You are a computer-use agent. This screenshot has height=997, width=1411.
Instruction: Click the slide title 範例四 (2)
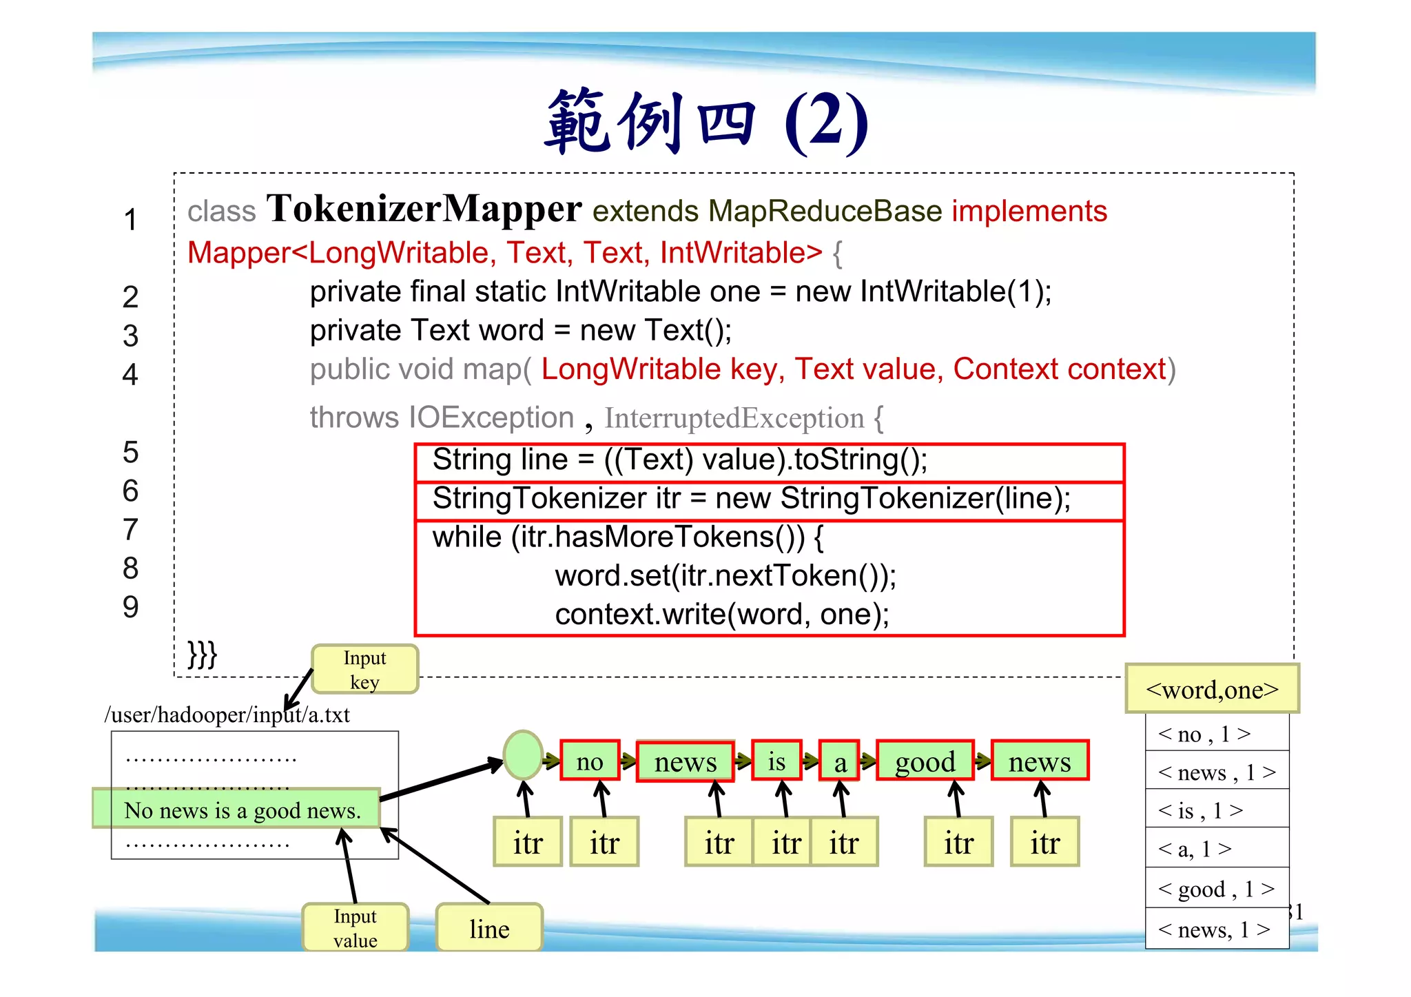(x=705, y=123)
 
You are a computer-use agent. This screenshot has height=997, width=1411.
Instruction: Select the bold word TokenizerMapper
(x=424, y=209)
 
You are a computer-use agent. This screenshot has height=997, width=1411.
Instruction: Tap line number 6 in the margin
(x=130, y=491)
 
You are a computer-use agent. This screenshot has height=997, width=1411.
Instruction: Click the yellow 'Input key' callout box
(x=364, y=669)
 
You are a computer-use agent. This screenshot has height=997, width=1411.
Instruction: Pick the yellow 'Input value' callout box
(x=355, y=927)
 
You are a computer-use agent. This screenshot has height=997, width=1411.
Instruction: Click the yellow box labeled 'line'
(x=489, y=928)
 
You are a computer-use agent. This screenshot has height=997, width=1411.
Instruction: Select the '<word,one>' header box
(x=1212, y=688)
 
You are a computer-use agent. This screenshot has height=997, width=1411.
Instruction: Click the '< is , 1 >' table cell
(x=1216, y=810)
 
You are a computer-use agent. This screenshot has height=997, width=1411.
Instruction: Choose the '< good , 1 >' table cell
(x=1216, y=888)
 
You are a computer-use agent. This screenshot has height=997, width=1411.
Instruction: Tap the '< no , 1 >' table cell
(x=1216, y=733)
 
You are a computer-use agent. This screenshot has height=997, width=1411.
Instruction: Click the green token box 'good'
(x=925, y=761)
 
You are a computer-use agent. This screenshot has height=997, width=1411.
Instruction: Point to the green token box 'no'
(x=590, y=761)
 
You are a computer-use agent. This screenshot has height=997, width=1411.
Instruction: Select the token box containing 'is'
(x=776, y=761)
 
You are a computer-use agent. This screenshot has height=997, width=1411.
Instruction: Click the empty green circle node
(x=523, y=755)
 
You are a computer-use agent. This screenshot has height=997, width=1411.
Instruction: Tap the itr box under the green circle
(x=528, y=842)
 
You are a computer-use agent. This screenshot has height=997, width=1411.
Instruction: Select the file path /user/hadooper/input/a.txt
(x=227, y=715)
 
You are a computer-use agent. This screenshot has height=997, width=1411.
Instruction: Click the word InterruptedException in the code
(x=734, y=418)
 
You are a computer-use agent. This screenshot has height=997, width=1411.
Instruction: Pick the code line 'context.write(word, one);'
(x=722, y=614)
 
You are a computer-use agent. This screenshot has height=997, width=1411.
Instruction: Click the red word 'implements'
(x=1029, y=211)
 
